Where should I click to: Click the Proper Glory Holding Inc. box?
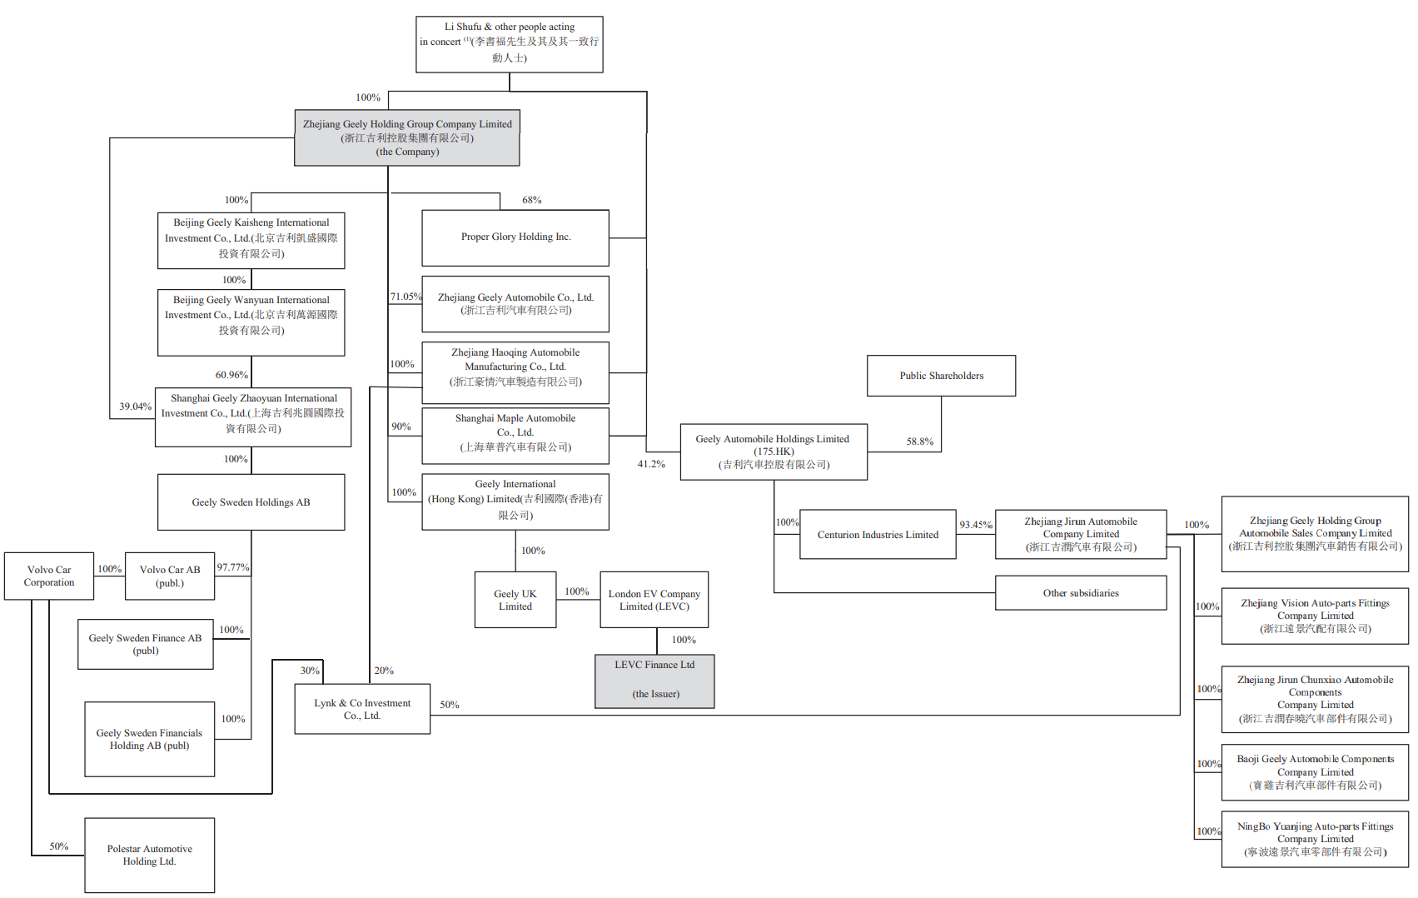[x=515, y=237]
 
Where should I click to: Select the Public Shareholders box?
[x=941, y=376]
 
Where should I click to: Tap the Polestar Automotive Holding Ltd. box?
[x=150, y=855]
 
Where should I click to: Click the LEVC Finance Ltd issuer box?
[x=654, y=681]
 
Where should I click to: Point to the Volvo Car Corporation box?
[x=49, y=576]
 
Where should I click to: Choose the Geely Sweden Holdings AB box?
[x=251, y=502]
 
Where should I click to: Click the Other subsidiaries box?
[x=1081, y=593]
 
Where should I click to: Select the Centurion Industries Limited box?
[x=878, y=535]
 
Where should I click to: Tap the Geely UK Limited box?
[x=515, y=600]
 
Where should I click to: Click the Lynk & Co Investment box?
[x=362, y=709]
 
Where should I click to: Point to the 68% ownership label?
[x=531, y=200]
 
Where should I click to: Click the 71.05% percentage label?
[x=405, y=297]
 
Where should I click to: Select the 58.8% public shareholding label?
[x=919, y=442]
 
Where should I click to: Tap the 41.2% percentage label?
[x=651, y=464]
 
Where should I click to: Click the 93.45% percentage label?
[x=975, y=525]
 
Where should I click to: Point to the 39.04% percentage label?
[x=135, y=407]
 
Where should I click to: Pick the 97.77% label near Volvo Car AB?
[x=233, y=567]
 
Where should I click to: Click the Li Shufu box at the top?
[x=510, y=44]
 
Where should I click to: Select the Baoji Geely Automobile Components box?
[x=1315, y=772]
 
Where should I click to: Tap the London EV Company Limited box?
[x=654, y=600]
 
